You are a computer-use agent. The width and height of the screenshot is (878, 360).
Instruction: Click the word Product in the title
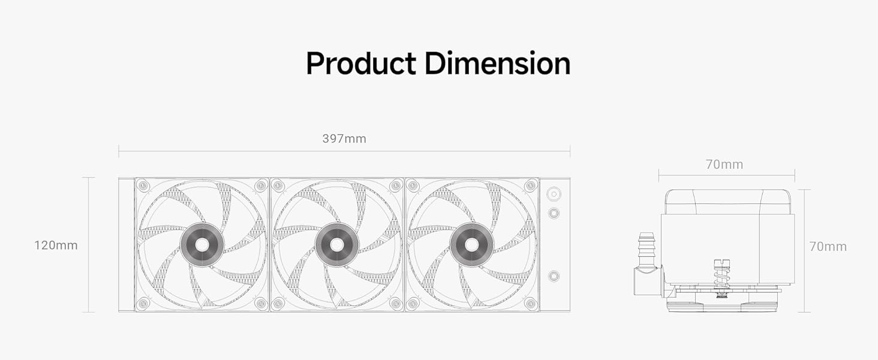point(360,63)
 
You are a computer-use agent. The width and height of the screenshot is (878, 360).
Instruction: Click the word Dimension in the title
point(497,63)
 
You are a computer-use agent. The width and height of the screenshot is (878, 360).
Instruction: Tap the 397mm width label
point(344,139)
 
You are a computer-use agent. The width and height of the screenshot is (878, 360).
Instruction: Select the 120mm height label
point(56,245)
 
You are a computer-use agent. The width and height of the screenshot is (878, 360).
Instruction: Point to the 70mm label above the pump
point(724,164)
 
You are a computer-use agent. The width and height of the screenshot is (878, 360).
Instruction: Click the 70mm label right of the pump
point(828,247)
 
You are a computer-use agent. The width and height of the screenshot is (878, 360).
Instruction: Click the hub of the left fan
point(202,244)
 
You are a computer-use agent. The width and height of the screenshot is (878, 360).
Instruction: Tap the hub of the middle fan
point(337,244)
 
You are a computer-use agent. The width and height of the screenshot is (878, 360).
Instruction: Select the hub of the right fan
point(472,244)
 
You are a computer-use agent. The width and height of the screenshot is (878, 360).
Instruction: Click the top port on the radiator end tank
point(554,194)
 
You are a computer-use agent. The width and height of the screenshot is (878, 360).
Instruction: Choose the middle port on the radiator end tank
point(554,212)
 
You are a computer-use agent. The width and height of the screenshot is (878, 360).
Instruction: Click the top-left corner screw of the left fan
point(143,185)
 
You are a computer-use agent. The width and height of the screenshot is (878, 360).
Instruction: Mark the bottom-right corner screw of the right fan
point(530,304)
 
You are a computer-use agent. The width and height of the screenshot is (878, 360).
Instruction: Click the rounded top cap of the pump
point(727,201)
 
